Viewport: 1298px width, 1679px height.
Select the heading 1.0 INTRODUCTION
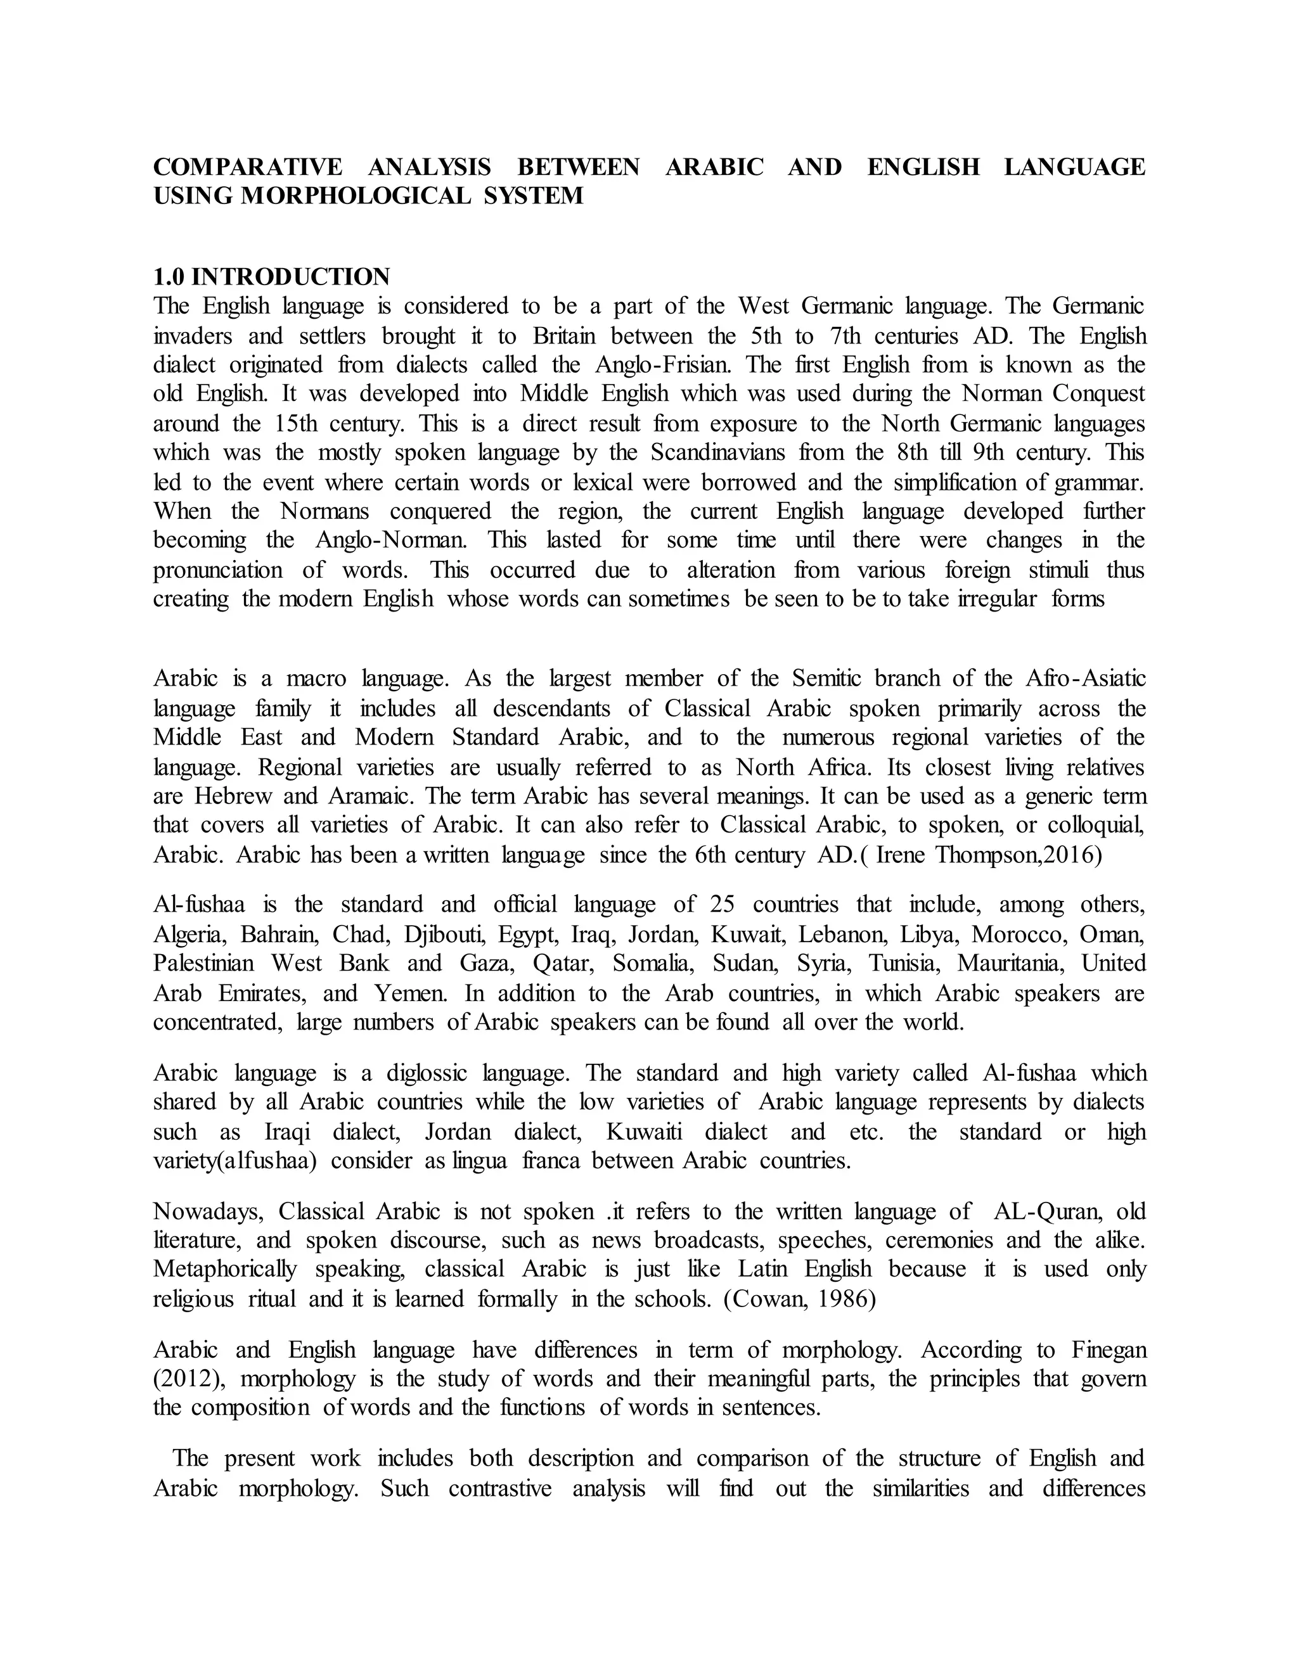[x=271, y=277]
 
